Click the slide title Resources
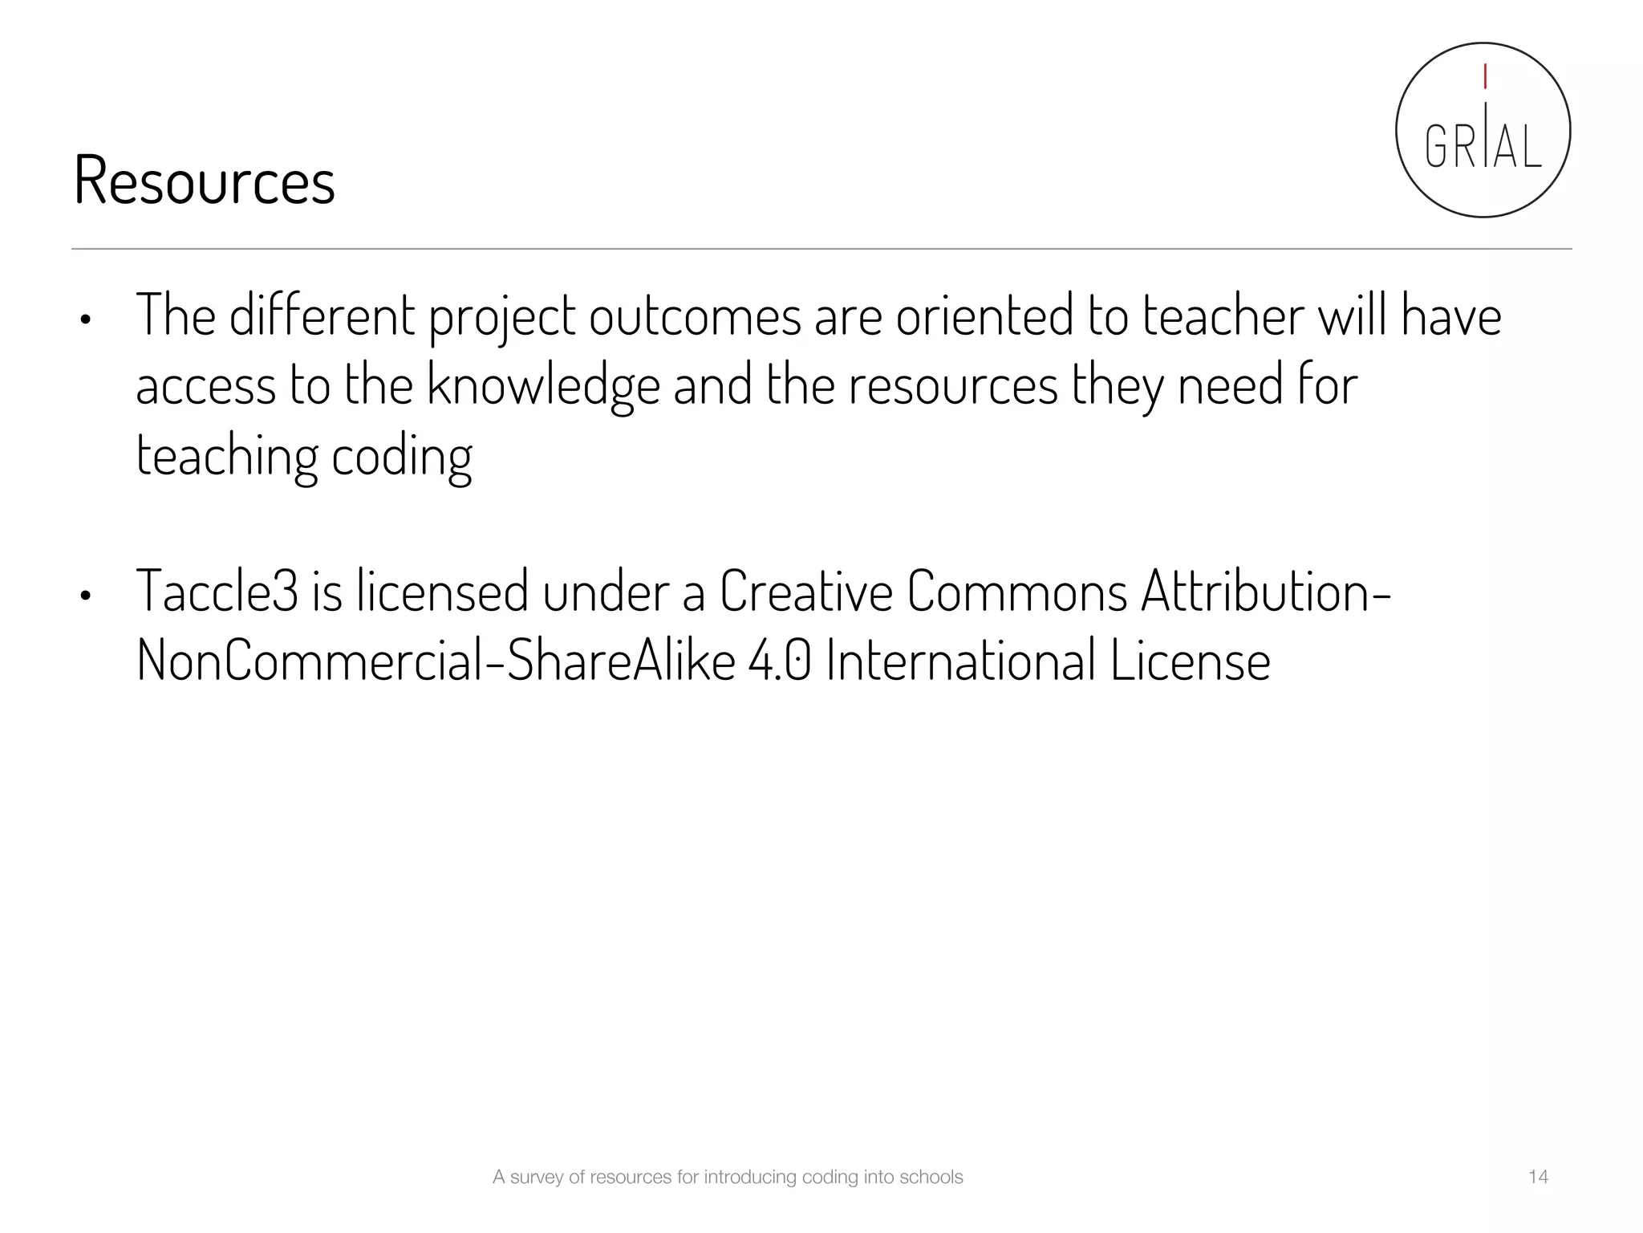click(x=204, y=181)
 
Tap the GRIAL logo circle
click(x=1483, y=130)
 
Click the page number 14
click(x=1538, y=1177)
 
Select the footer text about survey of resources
click(x=728, y=1177)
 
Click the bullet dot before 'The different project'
click(x=85, y=320)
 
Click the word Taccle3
click(x=217, y=592)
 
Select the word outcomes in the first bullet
click(x=695, y=315)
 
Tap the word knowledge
click(x=543, y=386)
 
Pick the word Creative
click(x=805, y=592)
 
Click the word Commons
click(x=1017, y=592)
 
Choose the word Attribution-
click(x=1266, y=592)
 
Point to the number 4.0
click(x=779, y=661)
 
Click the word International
click(x=960, y=661)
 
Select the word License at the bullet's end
click(x=1191, y=661)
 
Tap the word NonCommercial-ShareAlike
click(x=436, y=661)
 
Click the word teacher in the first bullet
click(x=1223, y=315)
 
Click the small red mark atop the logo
click(x=1485, y=77)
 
